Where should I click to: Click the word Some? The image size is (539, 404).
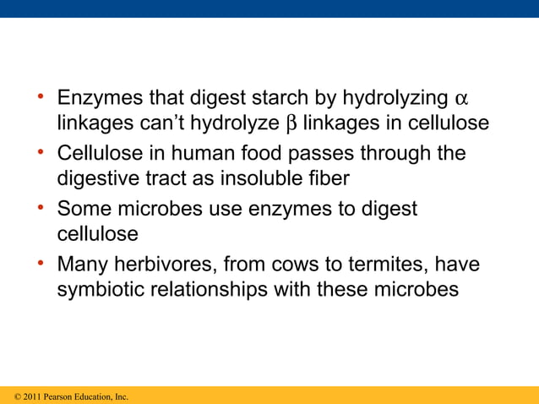coord(83,209)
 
